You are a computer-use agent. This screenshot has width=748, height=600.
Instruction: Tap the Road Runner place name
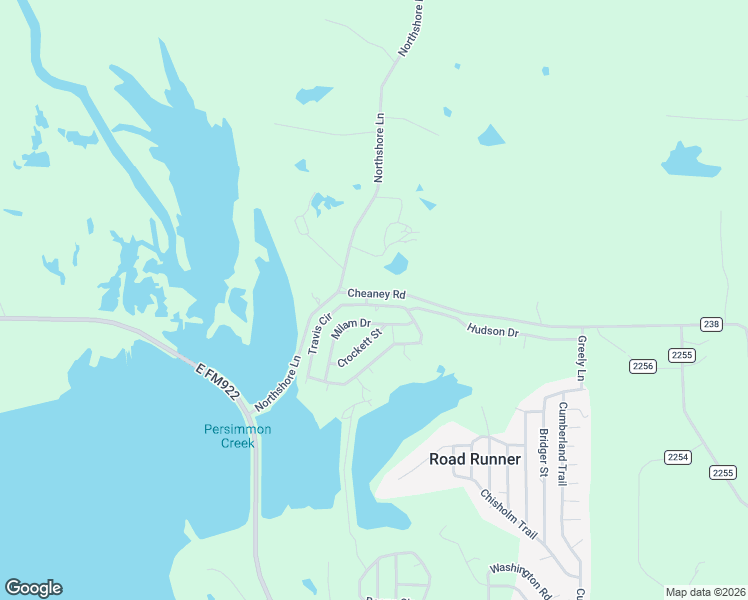click(x=475, y=459)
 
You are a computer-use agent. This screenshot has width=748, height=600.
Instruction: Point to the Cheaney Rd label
click(x=376, y=294)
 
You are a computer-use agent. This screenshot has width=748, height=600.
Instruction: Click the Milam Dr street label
click(x=351, y=330)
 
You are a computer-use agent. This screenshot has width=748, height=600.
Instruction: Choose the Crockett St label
click(x=360, y=348)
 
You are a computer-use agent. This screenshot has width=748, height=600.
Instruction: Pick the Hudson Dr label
click(x=493, y=330)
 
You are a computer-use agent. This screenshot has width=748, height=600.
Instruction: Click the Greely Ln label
click(x=581, y=358)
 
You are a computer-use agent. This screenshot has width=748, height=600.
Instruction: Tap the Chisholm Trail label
click(x=508, y=514)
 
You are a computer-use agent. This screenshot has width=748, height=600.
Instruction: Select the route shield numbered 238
click(x=711, y=324)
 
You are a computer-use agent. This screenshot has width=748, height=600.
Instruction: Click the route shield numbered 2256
click(x=642, y=367)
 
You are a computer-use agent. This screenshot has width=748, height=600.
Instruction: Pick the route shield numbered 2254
click(x=678, y=457)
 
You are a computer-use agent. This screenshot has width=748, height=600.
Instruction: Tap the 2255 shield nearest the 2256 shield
click(x=682, y=355)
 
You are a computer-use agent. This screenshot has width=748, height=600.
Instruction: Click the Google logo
click(x=33, y=588)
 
